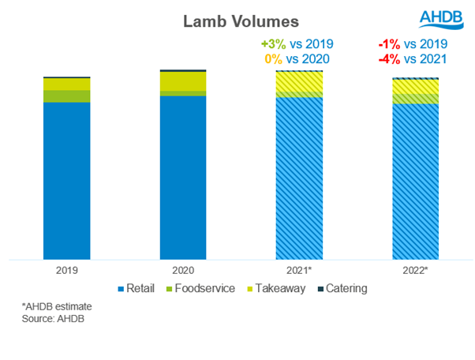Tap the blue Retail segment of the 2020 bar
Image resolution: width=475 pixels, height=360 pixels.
tap(182, 177)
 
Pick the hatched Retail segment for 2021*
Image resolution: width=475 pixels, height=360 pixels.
tap(299, 178)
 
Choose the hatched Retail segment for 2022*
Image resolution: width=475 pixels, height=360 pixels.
tap(415, 181)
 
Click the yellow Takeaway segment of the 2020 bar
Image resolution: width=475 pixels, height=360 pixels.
tap(182, 81)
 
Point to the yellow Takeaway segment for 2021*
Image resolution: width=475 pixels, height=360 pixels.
tap(299, 82)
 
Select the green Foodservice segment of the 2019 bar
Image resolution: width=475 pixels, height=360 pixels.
tap(66, 96)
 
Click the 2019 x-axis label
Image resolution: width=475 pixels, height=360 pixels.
tap(66, 269)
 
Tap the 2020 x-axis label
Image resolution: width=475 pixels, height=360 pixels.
tap(182, 269)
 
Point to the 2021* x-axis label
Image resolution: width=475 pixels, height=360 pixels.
tap(299, 269)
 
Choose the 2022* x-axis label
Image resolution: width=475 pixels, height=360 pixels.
tap(415, 269)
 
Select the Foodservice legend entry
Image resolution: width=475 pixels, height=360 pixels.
tap(200, 288)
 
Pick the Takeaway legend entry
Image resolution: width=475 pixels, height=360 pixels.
tap(273, 288)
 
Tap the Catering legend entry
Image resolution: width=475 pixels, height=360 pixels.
tap(341, 288)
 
